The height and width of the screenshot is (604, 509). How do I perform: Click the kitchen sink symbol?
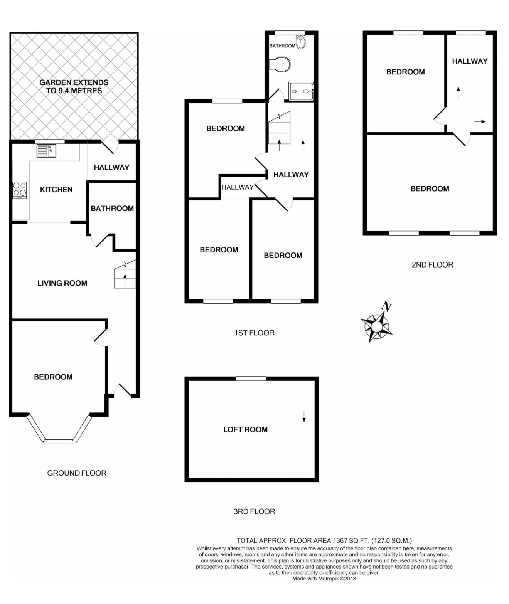[46, 151]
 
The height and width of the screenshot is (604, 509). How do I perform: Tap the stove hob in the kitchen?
[20, 190]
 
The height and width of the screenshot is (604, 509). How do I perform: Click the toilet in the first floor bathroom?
[280, 64]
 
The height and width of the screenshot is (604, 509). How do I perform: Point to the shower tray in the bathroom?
[301, 91]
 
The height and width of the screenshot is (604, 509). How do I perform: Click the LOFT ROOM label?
[245, 429]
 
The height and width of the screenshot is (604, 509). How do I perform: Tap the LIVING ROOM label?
[62, 283]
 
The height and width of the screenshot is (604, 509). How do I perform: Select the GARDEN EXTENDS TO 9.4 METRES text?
[74, 86]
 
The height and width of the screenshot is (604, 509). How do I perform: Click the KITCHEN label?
[56, 189]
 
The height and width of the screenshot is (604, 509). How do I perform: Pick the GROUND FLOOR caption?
[76, 473]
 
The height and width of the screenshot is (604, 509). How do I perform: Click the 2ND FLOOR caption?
[432, 264]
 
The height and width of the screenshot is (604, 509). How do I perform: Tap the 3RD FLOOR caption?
[254, 511]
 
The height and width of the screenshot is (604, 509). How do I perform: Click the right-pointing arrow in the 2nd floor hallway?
[480, 122]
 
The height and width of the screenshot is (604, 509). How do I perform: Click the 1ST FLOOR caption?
[254, 333]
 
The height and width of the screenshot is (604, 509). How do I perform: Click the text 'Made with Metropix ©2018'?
[324, 579]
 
